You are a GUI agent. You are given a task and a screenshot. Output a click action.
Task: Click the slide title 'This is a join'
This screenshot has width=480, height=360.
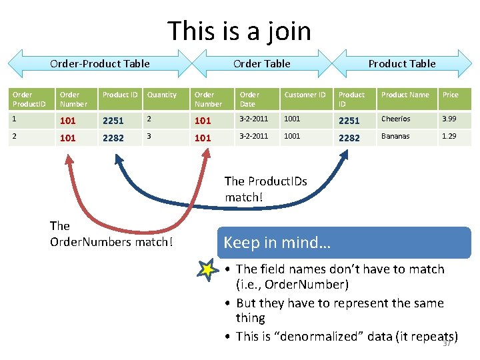[x=239, y=31]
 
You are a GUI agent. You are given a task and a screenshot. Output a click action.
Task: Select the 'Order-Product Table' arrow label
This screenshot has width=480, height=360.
[x=100, y=64]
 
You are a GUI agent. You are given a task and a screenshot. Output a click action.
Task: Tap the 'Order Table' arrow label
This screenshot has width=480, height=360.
[x=261, y=64]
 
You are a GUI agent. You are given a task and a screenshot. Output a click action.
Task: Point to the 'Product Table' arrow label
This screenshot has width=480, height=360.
[x=402, y=64]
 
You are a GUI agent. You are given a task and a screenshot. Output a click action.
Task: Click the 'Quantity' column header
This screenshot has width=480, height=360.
[x=162, y=95]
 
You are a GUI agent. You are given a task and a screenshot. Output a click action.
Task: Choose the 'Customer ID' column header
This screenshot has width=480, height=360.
[x=305, y=95]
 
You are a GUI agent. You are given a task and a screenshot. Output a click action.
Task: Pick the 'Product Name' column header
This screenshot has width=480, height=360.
[x=405, y=95]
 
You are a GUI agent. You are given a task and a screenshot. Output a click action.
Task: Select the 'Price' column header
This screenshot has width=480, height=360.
[x=451, y=95]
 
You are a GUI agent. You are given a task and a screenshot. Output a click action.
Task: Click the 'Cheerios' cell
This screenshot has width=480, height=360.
[x=396, y=119]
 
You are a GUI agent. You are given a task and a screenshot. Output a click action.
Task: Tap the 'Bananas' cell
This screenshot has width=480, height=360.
[x=395, y=136]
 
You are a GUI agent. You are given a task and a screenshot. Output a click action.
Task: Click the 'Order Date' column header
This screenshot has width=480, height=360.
[x=249, y=99]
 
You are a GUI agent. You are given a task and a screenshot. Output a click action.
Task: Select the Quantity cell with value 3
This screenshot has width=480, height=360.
[x=150, y=136]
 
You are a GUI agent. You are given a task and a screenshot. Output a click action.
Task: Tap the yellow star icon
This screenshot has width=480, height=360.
[x=208, y=269]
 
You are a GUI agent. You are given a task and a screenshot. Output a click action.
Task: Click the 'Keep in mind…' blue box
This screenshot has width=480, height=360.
[x=345, y=243]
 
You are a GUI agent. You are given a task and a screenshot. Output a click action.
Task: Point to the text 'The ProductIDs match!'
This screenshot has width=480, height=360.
[x=265, y=189]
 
